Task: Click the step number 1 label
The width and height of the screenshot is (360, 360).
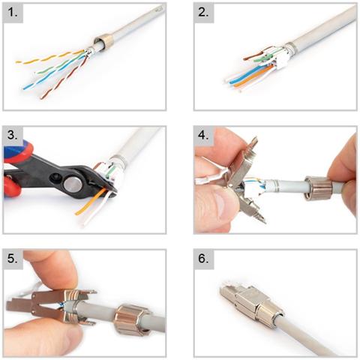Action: [13, 12]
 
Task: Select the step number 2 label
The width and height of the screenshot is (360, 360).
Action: [203, 12]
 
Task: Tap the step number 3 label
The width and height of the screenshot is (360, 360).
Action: [13, 135]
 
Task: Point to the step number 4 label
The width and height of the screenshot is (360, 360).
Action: [203, 135]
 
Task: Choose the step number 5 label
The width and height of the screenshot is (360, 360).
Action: [13, 259]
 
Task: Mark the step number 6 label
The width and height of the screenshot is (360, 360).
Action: [203, 259]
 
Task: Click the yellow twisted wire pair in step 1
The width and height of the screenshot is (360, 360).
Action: [50, 57]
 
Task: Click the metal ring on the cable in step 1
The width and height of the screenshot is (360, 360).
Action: [103, 43]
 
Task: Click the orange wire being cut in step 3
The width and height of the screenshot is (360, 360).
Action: [91, 202]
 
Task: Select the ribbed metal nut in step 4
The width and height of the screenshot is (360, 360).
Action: [318, 188]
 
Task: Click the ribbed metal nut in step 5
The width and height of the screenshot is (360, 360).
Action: [132, 319]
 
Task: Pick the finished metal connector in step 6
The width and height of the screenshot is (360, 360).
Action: [251, 304]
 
